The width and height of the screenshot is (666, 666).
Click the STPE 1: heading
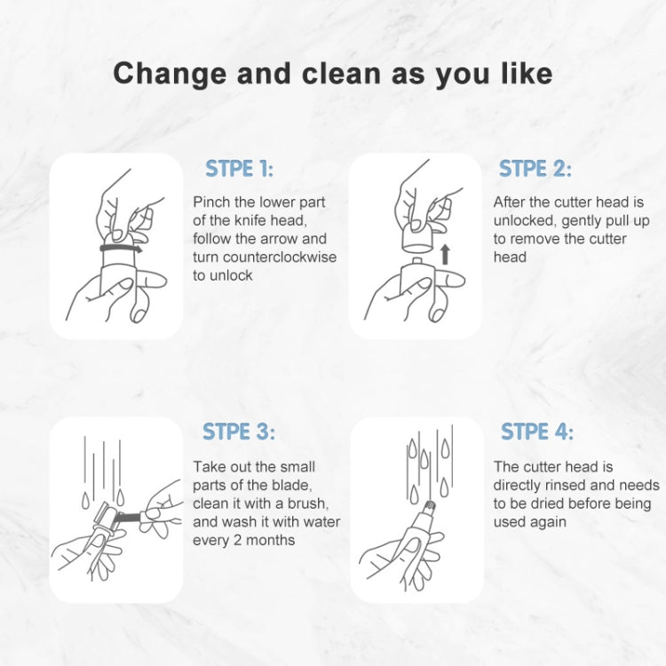[240, 169]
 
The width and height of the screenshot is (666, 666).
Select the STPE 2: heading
[535, 169]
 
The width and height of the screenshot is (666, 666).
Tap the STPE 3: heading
[239, 432]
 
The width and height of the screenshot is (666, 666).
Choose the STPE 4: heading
[536, 432]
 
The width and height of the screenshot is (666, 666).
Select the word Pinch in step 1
[211, 202]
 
